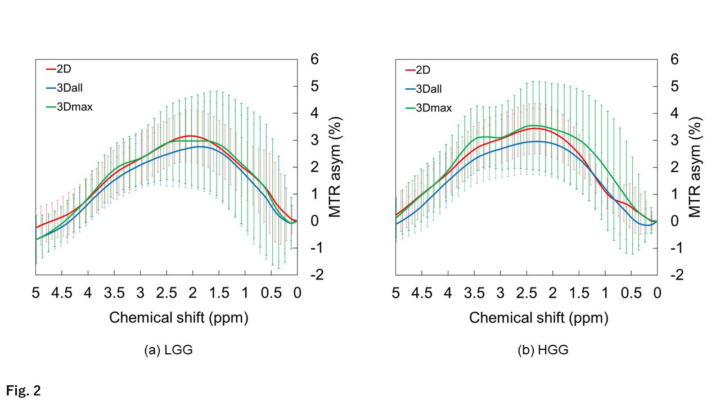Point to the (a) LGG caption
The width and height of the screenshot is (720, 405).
pos(169,350)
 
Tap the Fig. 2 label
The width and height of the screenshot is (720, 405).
pos(24,390)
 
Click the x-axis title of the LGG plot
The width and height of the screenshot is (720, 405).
pos(178,318)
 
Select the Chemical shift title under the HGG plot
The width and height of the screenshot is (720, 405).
pos(538,318)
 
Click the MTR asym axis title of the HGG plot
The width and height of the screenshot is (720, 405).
pos(696,168)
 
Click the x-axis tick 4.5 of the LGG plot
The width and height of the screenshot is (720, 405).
pos(62,292)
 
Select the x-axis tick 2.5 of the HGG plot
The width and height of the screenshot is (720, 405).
pos(526,292)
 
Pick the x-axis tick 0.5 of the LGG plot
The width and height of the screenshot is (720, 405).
pos(271,292)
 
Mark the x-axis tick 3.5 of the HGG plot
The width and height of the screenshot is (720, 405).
pos(474,292)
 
